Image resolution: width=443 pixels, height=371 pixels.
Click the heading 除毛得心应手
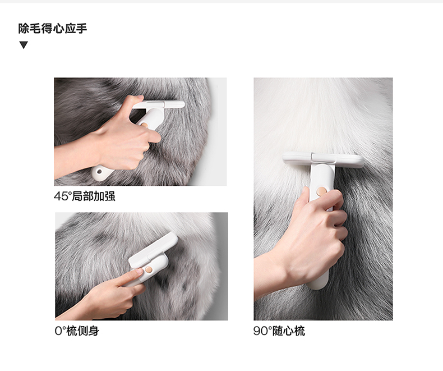click(x=53, y=29)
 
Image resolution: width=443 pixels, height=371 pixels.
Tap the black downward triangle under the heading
click(x=24, y=45)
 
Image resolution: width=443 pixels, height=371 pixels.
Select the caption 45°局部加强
click(x=85, y=196)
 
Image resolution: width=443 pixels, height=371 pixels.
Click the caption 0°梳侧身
click(x=77, y=331)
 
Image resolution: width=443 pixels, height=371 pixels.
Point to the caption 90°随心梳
click(x=279, y=331)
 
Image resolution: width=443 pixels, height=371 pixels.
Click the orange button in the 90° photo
click(x=321, y=191)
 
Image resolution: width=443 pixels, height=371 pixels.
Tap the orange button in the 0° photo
click(x=149, y=269)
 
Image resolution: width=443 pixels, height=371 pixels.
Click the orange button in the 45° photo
click(x=144, y=125)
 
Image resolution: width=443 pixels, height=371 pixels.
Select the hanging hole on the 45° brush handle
click(x=99, y=171)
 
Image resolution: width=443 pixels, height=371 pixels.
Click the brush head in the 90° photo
click(x=324, y=159)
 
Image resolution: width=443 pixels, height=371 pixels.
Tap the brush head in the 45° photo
click(x=158, y=104)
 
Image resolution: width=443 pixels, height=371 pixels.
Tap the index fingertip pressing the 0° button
click(x=139, y=271)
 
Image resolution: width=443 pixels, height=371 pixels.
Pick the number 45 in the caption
click(x=60, y=196)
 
